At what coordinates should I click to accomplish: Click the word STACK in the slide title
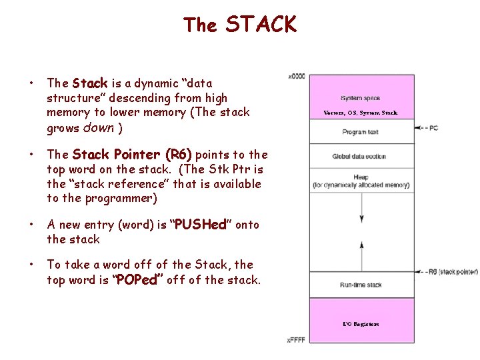261,25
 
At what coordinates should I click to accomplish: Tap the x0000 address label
296,76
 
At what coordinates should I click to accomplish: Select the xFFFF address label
296,340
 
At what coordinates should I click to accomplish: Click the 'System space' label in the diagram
360,98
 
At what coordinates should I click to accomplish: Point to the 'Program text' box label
360,132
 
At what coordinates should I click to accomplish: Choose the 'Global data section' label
359,157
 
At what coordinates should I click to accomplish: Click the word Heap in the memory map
360,178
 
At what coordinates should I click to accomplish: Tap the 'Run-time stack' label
360,285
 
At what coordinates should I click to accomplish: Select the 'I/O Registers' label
361,324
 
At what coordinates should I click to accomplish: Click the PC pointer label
433,127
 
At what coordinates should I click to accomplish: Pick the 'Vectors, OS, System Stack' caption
360,113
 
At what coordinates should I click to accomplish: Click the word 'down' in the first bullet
99,127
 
